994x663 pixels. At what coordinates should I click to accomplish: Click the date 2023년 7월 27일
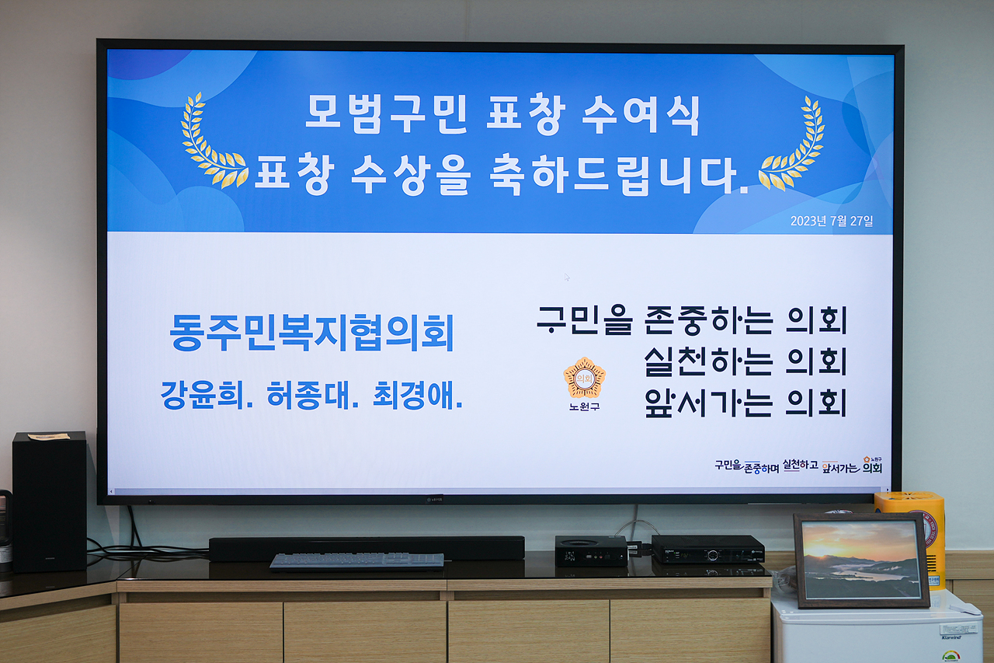click(831, 221)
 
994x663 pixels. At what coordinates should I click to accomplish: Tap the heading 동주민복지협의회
click(311, 333)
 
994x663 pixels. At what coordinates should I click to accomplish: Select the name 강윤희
click(208, 396)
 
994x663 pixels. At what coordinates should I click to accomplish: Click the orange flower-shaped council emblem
click(584, 378)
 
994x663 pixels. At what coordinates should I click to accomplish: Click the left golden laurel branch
click(211, 143)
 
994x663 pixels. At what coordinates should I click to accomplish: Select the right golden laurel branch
click(794, 145)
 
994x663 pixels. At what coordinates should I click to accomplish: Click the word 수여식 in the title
click(641, 115)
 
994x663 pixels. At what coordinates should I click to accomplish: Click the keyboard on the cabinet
click(357, 560)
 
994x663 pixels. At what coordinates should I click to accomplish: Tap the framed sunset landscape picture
click(860, 560)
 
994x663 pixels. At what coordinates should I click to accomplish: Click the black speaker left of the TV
click(49, 502)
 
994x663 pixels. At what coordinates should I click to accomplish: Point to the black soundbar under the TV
click(367, 547)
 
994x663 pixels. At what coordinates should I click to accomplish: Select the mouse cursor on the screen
click(567, 277)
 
